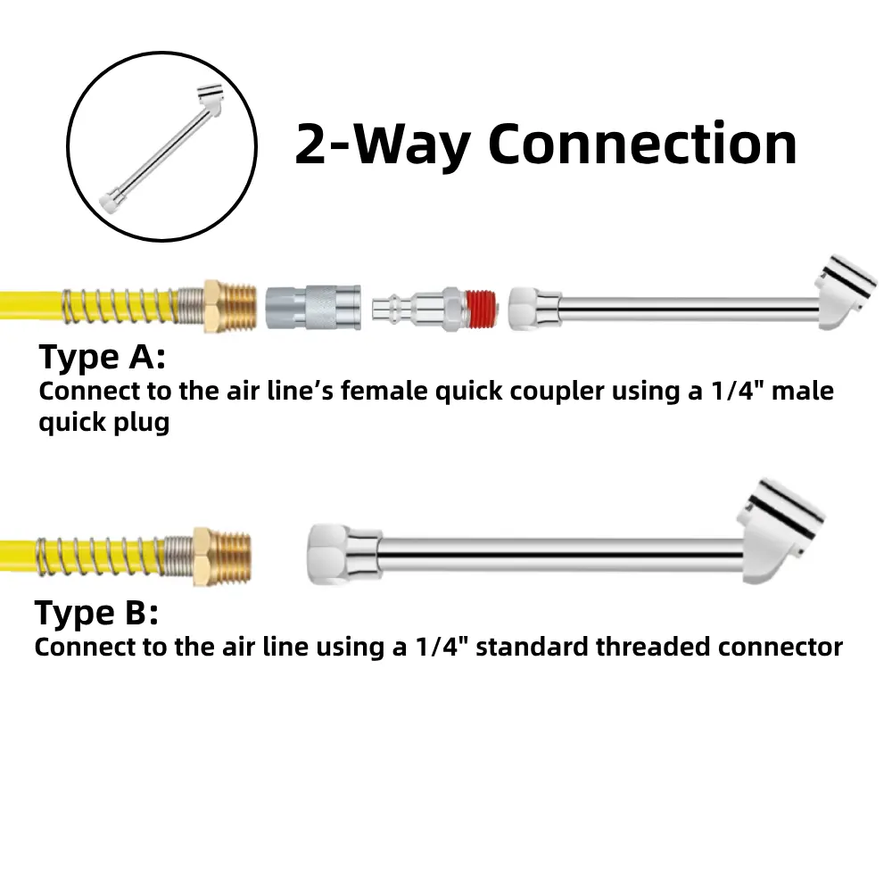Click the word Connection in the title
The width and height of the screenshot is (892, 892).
(x=642, y=145)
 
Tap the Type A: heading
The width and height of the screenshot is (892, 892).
(x=103, y=358)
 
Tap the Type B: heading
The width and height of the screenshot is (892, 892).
(x=96, y=614)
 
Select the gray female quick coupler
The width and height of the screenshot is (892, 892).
(x=313, y=307)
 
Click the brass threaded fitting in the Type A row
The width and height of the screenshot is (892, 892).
(x=230, y=307)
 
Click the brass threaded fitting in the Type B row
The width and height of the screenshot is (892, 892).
(x=222, y=557)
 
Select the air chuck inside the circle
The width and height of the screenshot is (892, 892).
(x=161, y=147)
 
